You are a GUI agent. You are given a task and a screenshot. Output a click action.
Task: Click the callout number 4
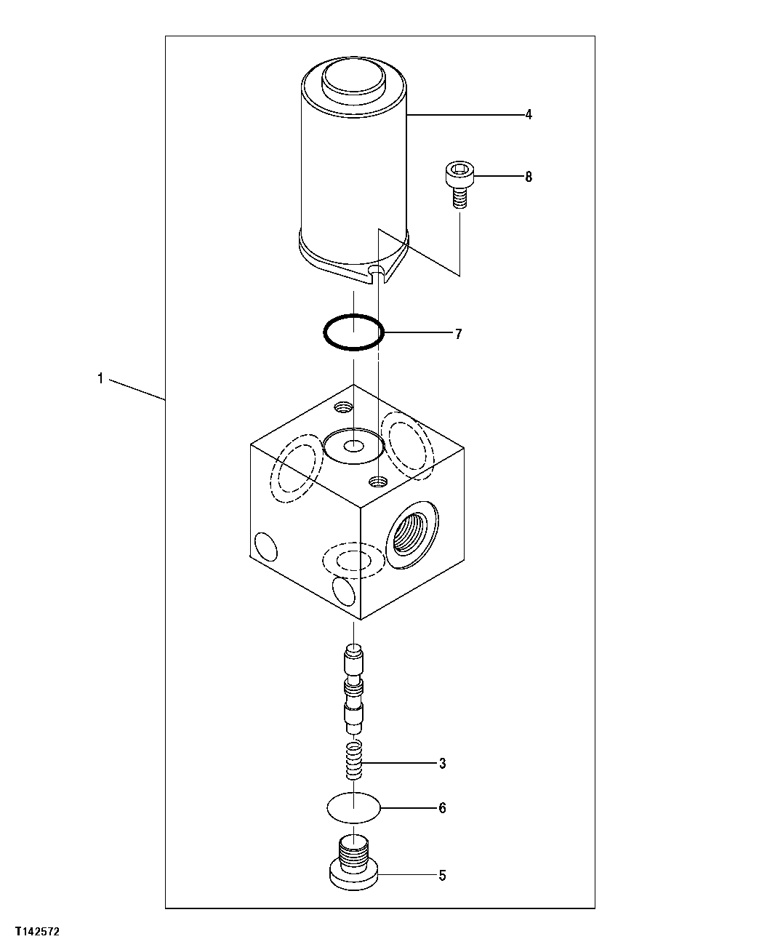pyautogui.click(x=529, y=114)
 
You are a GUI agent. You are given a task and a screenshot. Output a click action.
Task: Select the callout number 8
pyautogui.click(x=529, y=177)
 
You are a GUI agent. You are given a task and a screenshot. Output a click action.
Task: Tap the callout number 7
pyautogui.click(x=458, y=334)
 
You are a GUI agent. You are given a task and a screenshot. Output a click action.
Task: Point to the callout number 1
pyautogui.click(x=100, y=378)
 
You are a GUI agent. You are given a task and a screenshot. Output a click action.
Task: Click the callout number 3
pyautogui.click(x=442, y=764)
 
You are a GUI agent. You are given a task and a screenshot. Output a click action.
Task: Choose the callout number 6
pyautogui.click(x=442, y=808)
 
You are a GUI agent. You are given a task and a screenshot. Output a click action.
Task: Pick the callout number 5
pyautogui.click(x=442, y=875)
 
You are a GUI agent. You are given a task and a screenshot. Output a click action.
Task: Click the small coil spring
pyautogui.click(x=353, y=760)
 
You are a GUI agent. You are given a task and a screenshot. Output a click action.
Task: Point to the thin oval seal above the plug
pyautogui.click(x=353, y=808)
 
